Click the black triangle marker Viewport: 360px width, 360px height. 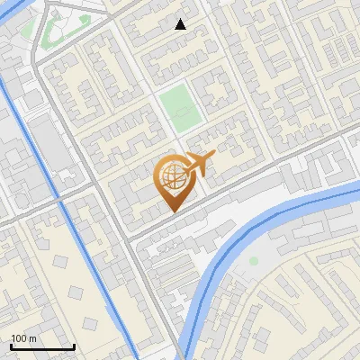181,24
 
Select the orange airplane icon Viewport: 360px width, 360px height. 198,163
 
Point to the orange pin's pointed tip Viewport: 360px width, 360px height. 172,211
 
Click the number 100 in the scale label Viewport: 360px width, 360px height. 19,338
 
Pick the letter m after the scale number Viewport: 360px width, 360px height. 32,338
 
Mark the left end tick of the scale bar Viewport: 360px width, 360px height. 10,346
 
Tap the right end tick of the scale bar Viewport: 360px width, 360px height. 74,346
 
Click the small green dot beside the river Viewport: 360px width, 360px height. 254,261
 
